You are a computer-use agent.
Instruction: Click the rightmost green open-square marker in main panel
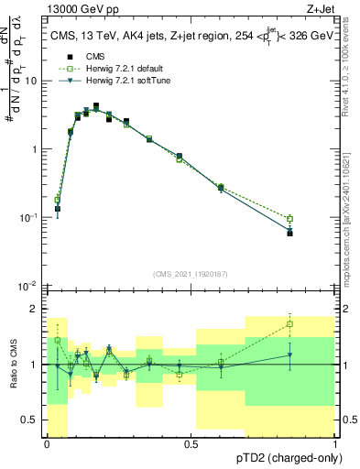290,219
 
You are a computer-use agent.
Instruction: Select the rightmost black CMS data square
290,233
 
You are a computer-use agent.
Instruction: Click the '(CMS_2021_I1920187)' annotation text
191,274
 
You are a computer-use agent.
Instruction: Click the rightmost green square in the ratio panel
290,323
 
